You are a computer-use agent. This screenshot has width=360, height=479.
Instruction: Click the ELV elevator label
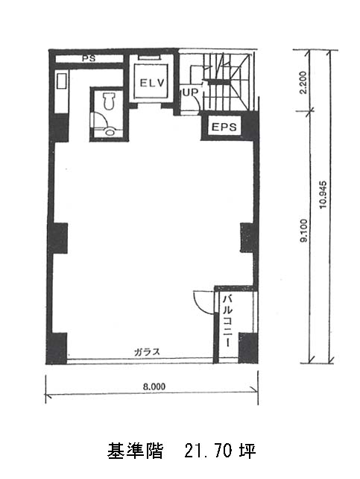tap(152, 83)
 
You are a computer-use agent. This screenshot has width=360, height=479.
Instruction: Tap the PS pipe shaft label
tap(89, 58)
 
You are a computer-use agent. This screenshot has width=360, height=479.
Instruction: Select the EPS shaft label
tap(224, 127)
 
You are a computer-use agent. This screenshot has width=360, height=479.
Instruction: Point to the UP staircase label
tap(190, 92)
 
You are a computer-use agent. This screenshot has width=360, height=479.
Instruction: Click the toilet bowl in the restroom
tap(108, 101)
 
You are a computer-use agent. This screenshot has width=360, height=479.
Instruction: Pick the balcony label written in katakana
tap(227, 321)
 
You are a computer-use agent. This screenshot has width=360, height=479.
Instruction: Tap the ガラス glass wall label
tap(147, 352)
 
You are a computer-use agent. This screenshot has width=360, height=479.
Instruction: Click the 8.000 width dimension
tap(154, 387)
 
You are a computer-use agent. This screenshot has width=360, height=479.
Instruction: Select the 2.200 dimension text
tap(303, 83)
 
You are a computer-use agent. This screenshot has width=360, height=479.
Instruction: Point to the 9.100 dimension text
tap(304, 231)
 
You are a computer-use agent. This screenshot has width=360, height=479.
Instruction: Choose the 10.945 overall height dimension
tap(323, 195)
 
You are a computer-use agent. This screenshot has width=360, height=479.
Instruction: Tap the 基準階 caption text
tap(135, 451)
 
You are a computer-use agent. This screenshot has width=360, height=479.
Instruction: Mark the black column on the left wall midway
tap(58, 238)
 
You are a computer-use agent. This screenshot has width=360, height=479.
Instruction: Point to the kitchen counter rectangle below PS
tap(62, 81)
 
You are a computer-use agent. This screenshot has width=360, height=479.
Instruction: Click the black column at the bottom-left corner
tap(57, 348)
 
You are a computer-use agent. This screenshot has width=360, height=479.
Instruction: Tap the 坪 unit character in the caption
tap(247, 451)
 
